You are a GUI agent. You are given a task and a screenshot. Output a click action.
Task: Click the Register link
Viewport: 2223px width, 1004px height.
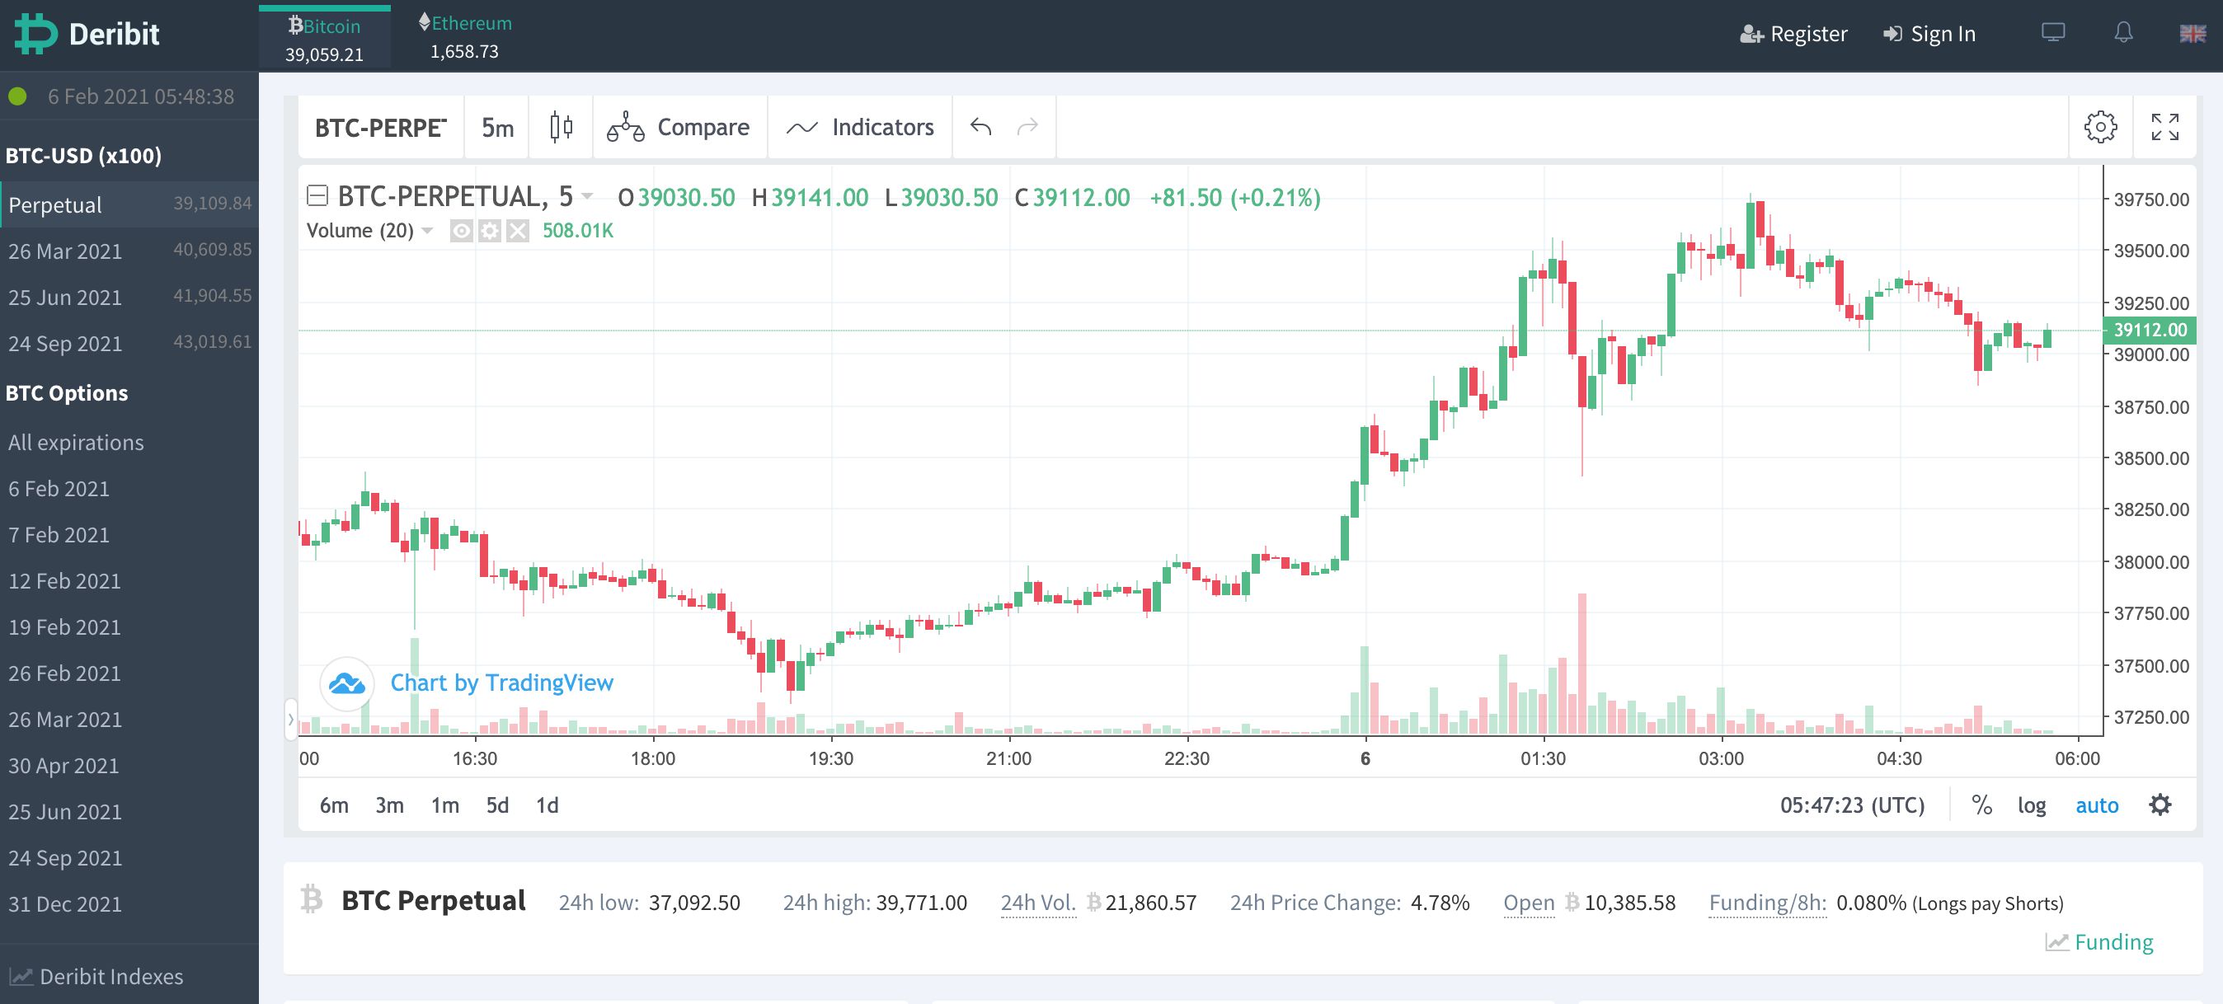1794,34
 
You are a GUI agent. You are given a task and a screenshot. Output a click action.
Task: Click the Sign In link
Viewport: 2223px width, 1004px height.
1929,34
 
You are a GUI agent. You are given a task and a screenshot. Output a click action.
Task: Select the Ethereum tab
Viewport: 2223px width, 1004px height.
465,35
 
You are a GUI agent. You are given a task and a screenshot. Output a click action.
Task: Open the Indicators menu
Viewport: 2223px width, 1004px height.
860,127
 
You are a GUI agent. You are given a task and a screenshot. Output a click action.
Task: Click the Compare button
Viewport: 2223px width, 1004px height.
679,127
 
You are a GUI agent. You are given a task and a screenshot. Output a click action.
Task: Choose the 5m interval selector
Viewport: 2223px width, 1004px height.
497,128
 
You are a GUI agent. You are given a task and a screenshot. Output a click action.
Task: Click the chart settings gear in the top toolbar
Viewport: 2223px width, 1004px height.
2099,127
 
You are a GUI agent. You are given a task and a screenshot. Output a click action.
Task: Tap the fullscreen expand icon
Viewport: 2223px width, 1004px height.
2164,127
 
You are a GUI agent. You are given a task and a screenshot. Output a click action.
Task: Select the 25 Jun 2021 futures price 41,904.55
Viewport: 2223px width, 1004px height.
212,296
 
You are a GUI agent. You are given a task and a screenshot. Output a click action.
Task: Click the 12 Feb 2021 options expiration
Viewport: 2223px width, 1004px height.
64,580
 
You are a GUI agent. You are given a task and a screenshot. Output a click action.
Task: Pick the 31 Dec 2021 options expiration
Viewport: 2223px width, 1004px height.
64,904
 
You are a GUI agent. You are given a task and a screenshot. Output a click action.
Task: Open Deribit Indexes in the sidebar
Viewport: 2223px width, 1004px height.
111,977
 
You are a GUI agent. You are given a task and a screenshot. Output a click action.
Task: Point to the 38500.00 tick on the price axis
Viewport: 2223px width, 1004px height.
2150,458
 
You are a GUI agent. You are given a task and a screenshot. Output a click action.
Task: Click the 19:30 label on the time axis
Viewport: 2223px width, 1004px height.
830,758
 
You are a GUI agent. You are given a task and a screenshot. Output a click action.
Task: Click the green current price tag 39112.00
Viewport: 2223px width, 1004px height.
2150,330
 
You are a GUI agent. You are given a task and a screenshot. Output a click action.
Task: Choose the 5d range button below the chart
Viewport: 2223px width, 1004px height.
497,805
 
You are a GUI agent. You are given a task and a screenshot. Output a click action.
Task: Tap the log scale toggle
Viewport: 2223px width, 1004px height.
2032,805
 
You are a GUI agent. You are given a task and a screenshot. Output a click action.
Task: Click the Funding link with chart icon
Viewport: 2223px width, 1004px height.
2112,942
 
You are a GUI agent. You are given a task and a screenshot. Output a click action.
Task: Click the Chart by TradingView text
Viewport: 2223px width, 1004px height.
501,683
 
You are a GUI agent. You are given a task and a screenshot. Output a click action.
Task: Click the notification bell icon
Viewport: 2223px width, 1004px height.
2123,34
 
